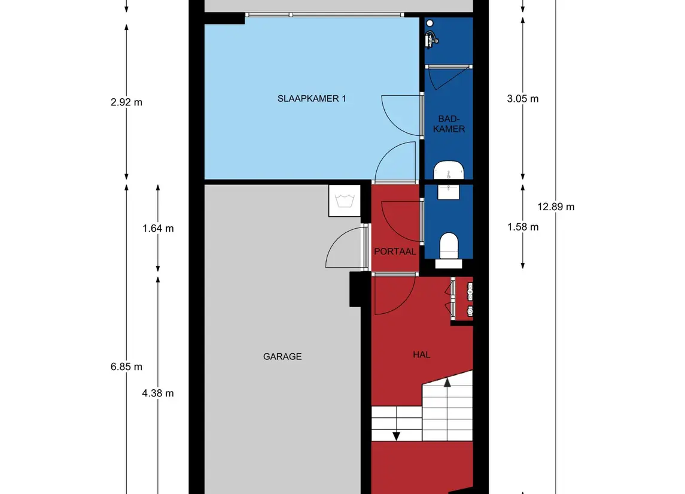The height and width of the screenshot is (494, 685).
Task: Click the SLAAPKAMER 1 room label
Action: tap(312, 99)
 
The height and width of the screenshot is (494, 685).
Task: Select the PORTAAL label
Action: tap(395, 251)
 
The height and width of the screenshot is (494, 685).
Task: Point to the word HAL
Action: tap(421, 354)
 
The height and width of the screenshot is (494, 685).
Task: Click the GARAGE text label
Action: tap(282, 356)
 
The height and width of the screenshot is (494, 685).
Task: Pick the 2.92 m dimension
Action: tap(127, 102)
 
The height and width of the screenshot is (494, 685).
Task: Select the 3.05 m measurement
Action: tap(522, 99)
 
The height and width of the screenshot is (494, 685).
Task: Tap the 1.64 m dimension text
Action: tap(158, 228)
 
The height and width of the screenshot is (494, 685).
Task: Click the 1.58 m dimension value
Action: tap(522, 227)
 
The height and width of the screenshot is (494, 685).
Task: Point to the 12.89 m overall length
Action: tap(556, 207)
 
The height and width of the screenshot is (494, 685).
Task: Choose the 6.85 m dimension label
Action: tap(127, 366)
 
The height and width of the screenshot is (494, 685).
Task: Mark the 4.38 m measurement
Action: tap(158, 393)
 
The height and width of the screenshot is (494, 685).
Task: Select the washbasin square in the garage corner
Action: tap(345, 201)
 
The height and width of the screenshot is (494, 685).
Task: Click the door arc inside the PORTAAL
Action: tap(398, 219)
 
